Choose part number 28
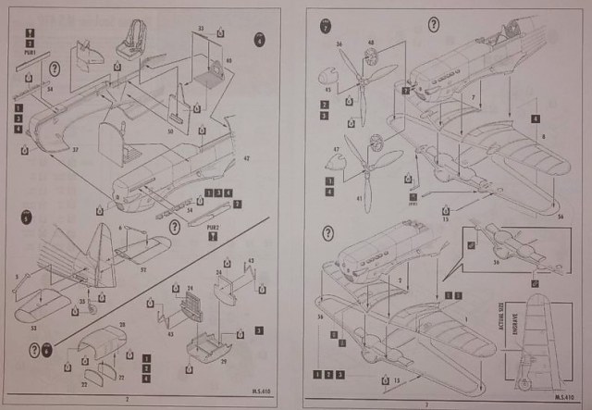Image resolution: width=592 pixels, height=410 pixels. pyautogui.click(x=120, y=326)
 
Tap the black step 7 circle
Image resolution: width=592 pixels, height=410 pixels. pyautogui.click(x=326, y=25)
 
